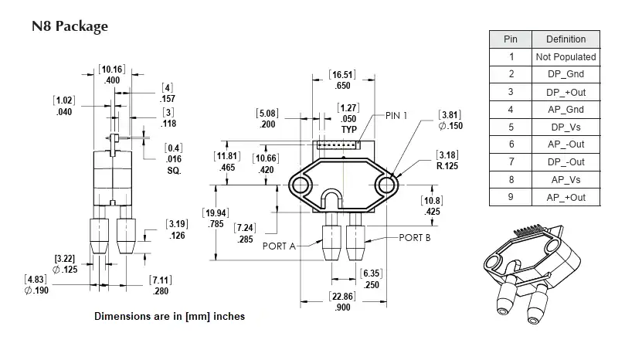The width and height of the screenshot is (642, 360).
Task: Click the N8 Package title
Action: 70,26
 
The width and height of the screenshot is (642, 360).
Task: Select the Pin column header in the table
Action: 510,39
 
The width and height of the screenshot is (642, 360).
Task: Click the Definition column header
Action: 566,39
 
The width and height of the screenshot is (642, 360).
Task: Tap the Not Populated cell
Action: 566,56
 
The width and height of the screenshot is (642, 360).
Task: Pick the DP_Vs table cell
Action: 566,127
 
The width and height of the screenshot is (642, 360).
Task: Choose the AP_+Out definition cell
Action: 566,198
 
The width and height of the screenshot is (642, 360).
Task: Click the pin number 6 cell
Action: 510,144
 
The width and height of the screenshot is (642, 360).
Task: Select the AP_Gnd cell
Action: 566,110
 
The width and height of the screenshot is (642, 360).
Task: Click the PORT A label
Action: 280,246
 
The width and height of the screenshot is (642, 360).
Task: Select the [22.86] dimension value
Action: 342,296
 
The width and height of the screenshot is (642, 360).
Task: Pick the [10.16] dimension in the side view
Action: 113,70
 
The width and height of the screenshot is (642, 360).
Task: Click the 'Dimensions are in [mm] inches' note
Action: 169,317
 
